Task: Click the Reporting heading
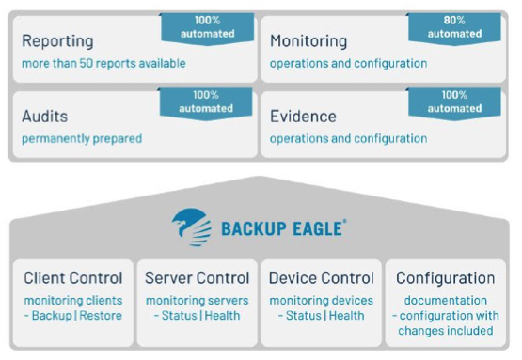point(57,41)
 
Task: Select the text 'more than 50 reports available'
point(103,63)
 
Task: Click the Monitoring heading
point(308,41)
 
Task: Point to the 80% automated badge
point(454,26)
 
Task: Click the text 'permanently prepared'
point(82,138)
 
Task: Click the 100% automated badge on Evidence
point(454,102)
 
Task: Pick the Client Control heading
point(72,277)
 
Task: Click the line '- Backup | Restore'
point(72,315)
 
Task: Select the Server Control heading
point(198,277)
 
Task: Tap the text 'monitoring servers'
point(198,300)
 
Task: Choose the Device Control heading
point(322,277)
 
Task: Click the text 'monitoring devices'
point(322,300)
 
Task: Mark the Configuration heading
point(445,277)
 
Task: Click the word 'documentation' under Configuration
point(445,300)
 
